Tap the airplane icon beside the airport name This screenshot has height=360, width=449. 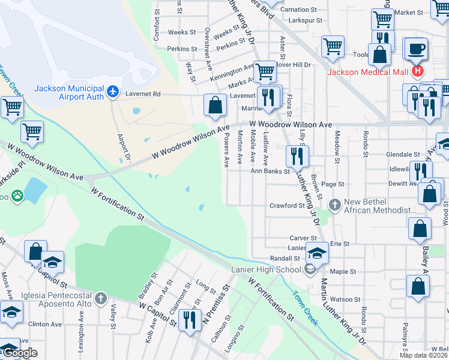tap(113, 92)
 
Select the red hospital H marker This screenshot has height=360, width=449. tap(418, 73)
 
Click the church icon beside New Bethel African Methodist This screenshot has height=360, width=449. tap(335, 206)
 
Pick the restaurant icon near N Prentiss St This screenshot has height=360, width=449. tap(190, 320)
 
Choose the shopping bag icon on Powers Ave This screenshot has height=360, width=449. tap(215, 106)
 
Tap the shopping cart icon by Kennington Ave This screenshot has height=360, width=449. tap(264, 72)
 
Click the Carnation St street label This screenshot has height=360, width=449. tap(298, 10)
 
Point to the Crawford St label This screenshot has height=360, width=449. tap(287, 206)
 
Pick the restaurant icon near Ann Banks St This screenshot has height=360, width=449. tap(297, 157)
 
